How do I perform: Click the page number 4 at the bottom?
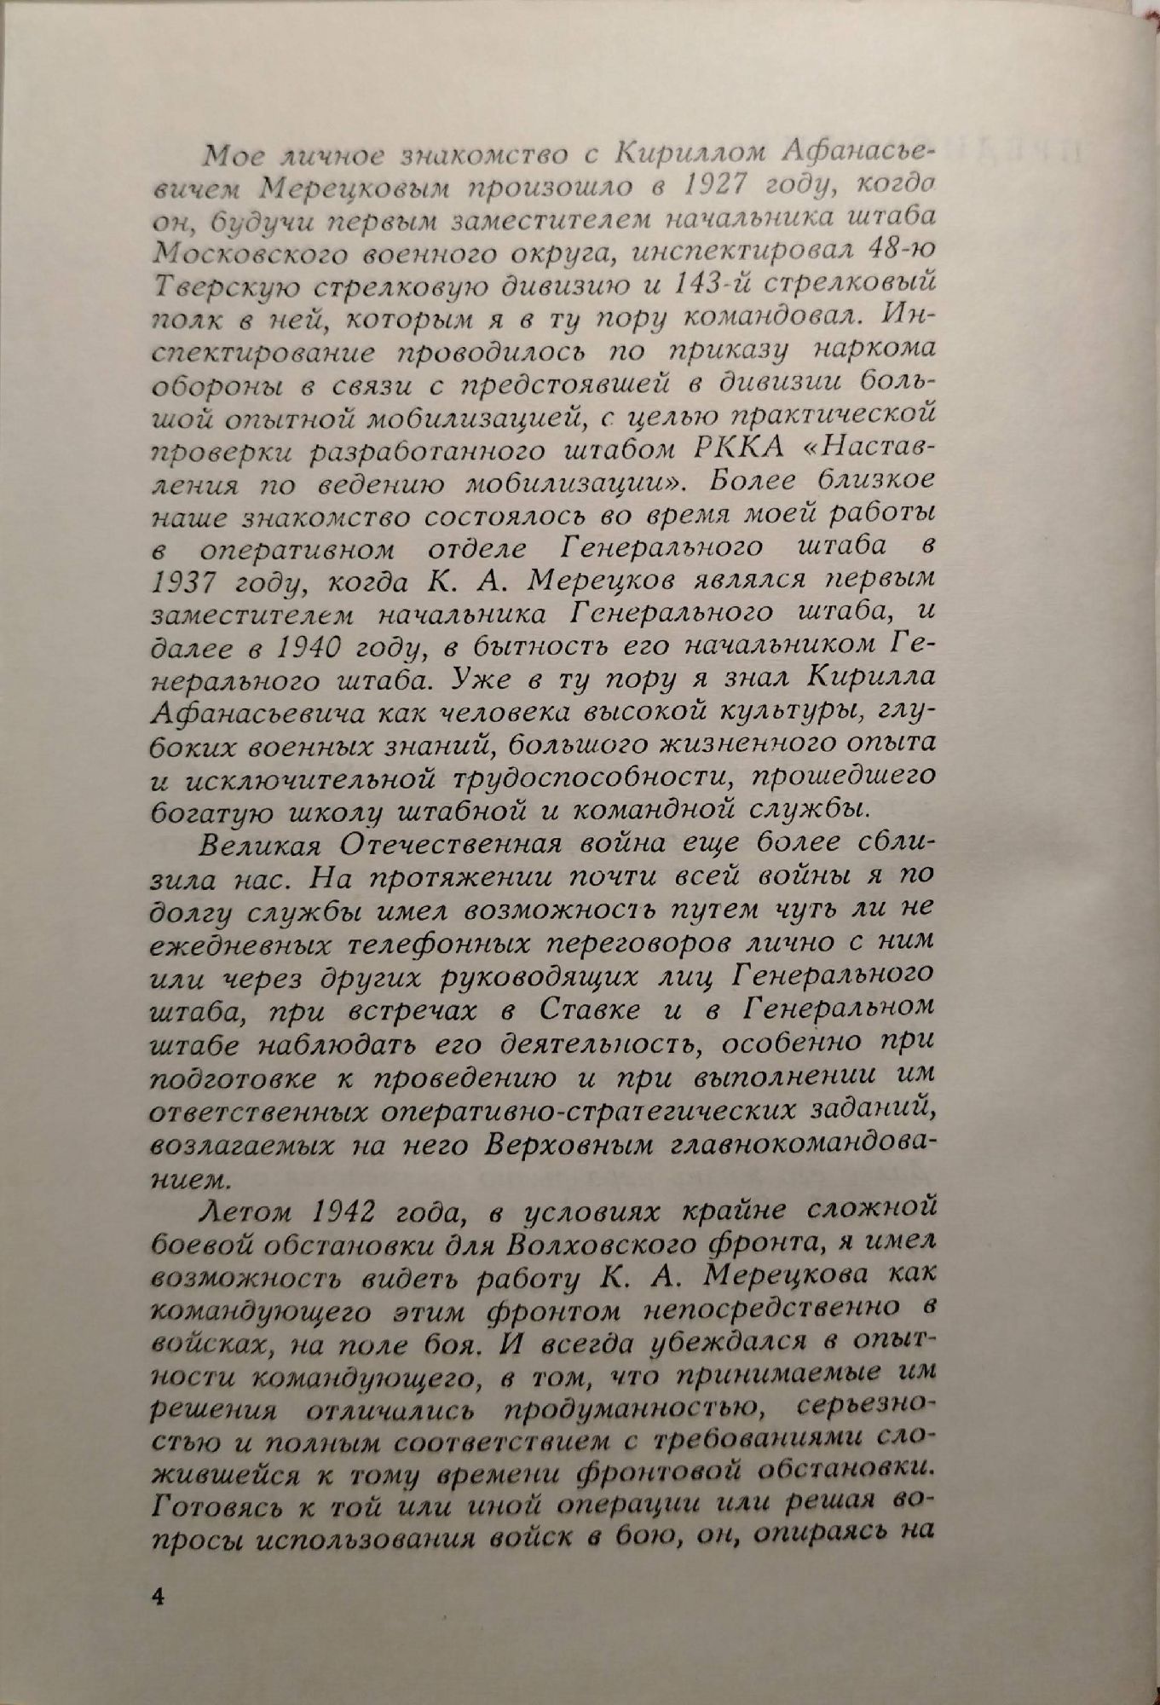pyautogui.click(x=156, y=1596)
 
